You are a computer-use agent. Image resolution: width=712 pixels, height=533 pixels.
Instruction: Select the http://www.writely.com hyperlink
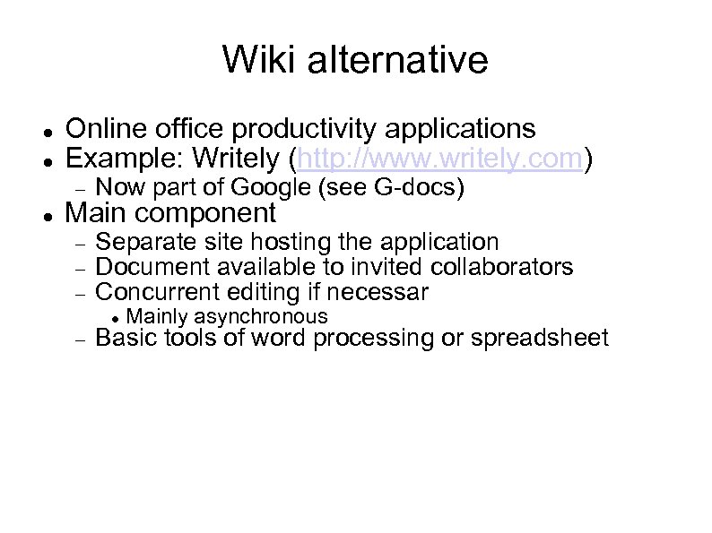coord(440,159)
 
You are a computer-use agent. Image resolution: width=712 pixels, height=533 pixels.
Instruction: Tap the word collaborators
coord(502,267)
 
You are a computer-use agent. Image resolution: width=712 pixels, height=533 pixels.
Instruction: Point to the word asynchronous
coord(261,316)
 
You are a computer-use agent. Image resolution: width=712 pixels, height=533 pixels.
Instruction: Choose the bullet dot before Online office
coord(47,132)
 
